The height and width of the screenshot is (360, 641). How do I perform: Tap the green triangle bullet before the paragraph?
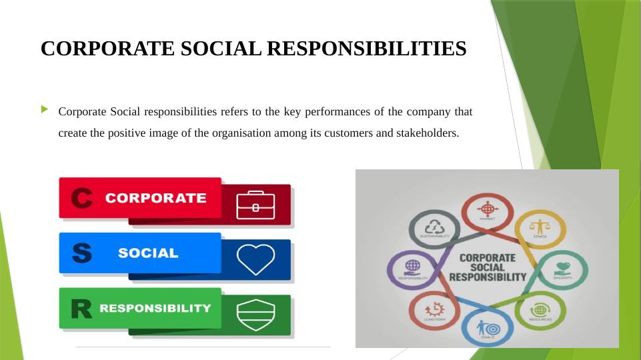pyautogui.click(x=45, y=109)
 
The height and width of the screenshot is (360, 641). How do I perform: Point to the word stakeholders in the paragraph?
pyautogui.click(x=427, y=133)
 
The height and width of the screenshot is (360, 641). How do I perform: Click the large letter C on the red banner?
pyautogui.click(x=81, y=198)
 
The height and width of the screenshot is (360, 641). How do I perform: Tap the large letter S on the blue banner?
pyautogui.click(x=81, y=253)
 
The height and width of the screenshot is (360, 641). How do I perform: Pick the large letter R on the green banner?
pyautogui.click(x=81, y=309)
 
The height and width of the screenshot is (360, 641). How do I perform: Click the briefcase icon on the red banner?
pyautogui.click(x=255, y=205)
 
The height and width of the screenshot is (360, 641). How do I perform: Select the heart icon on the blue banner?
pyautogui.click(x=255, y=259)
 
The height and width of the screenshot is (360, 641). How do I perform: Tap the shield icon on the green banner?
pyautogui.click(x=255, y=315)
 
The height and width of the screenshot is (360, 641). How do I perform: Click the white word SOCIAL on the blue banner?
pyautogui.click(x=148, y=253)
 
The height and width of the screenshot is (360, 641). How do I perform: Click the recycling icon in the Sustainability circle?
pyautogui.click(x=435, y=226)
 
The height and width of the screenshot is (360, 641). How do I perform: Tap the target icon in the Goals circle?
pyautogui.click(x=487, y=328)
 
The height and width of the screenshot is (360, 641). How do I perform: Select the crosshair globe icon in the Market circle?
pyautogui.click(x=487, y=207)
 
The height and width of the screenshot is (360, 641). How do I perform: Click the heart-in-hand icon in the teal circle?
pyautogui.click(x=562, y=267)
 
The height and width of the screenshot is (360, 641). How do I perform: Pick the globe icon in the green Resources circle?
pyautogui.click(x=540, y=310)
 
